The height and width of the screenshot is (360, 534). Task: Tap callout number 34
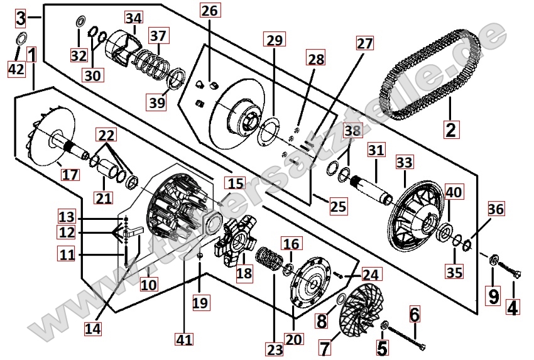[x=133, y=19]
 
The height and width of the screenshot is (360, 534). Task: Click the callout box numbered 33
[x=404, y=162]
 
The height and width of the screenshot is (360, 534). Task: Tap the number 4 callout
[x=513, y=308]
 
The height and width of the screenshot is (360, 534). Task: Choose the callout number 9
[x=493, y=293]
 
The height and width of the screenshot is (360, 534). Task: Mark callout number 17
[x=70, y=173]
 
